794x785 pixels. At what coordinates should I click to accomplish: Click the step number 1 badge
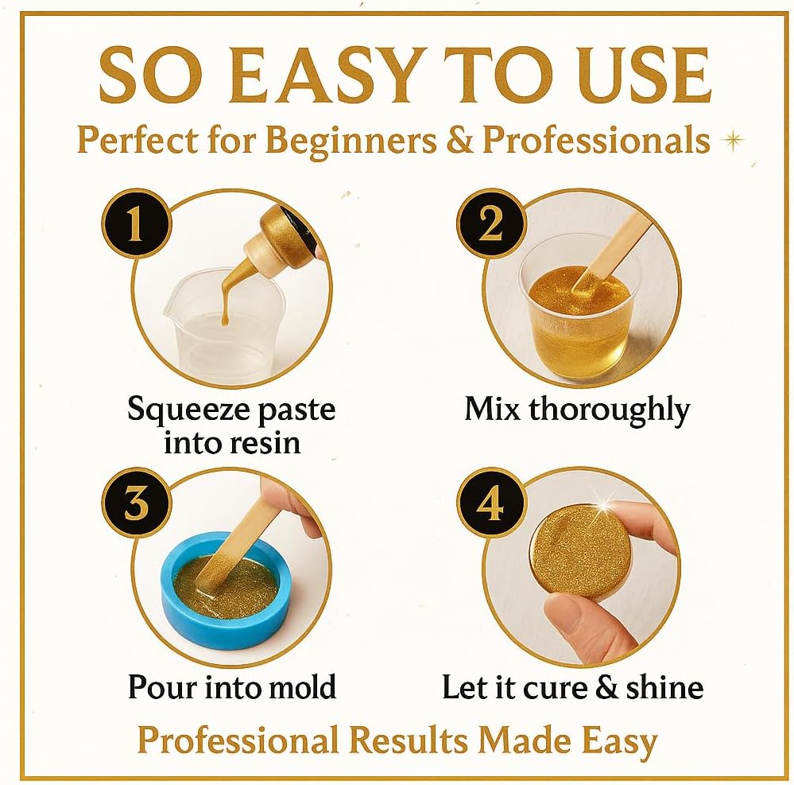pos(136,224)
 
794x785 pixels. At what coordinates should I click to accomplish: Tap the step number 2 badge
pos(491,224)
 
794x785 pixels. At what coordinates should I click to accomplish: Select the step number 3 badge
pos(136,503)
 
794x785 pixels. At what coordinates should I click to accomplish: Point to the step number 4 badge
pos(491,503)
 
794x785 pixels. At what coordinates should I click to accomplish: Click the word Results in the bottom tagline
pos(409,740)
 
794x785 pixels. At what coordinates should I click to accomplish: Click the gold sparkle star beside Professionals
pos(734,139)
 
